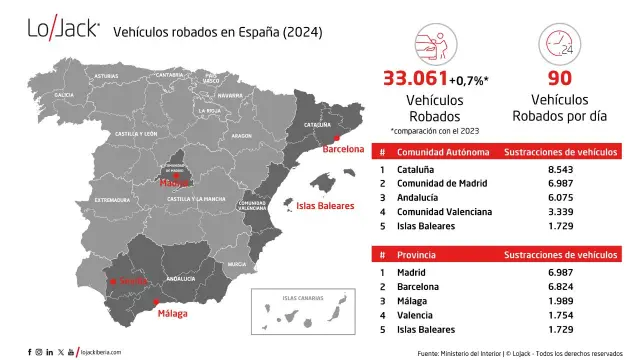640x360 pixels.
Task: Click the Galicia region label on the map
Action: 65,95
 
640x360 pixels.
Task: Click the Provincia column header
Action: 419,254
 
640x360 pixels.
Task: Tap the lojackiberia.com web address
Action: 105,352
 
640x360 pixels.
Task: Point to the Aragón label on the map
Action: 241,135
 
